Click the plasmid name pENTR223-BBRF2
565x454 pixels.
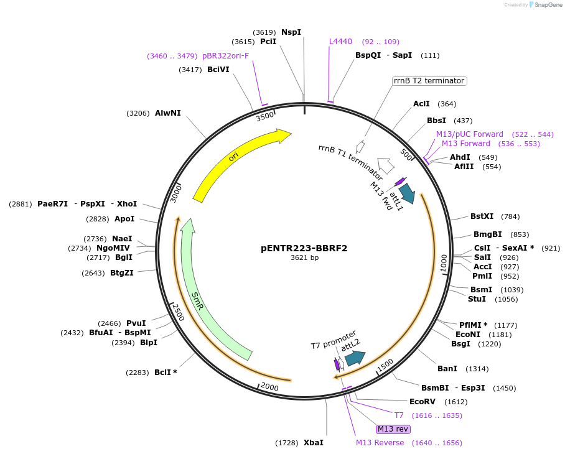pyautogui.click(x=304, y=248)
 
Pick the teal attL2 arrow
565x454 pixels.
pyautogui.click(x=355, y=358)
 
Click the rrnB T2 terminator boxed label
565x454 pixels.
pyautogui.click(x=429, y=81)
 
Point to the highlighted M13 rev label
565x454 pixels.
pyautogui.click(x=393, y=429)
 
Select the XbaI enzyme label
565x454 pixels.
pyautogui.click(x=314, y=443)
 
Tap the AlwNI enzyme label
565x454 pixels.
pyautogui.click(x=168, y=113)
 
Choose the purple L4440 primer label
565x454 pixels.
pyautogui.click(x=340, y=42)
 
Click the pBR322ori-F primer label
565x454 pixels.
pyautogui.click(x=225, y=56)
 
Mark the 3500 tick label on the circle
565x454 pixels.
pyautogui.click(x=266, y=116)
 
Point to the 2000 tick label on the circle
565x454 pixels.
pyautogui.click(x=269, y=387)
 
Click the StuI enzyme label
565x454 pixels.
pyautogui.click(x=477, y=299)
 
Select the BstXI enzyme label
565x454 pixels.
pyautogui.click(x=482, y=216)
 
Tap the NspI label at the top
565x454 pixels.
pyautogui.click(x=291, y=32)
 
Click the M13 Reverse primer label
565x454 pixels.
pyautogui.click(x=380, y=443)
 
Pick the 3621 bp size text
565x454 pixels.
pyautogui.click(x=304, y=257)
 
